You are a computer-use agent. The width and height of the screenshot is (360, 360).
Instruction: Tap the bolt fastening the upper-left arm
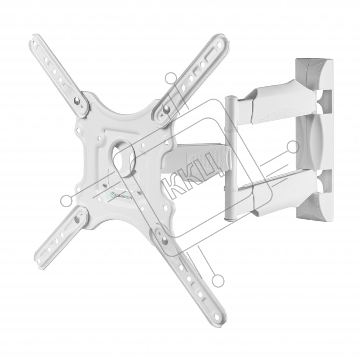click(x=77, y=100)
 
